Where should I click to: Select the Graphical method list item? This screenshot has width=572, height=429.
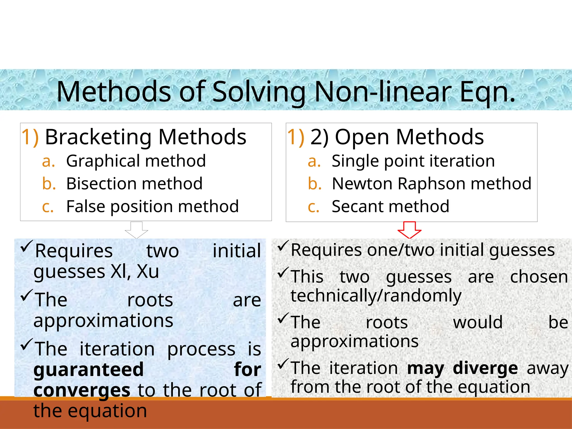pos(136,161)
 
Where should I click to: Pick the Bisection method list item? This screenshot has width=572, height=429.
pos(134,184)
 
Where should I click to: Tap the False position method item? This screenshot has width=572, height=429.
pos(152,207)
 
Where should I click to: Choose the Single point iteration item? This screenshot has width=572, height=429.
pos(413,161)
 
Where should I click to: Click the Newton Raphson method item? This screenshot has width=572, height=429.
pos(432,184)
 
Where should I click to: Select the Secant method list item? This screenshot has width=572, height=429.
pos(390,207)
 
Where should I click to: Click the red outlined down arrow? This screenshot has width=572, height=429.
pos(409,230)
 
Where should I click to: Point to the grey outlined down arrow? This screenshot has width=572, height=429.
pos(137,230)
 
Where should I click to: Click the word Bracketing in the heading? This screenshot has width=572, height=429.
pos(99,137)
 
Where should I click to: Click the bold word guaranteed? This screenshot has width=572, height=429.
pos(89,369)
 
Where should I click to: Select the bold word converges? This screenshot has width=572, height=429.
pos(82,390)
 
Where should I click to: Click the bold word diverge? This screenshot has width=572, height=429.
pos(485,368)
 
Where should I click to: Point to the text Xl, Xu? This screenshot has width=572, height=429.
pos(135,271)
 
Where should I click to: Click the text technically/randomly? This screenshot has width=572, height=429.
pos(376,296)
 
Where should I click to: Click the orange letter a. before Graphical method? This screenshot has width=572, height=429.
pos(48,161)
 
